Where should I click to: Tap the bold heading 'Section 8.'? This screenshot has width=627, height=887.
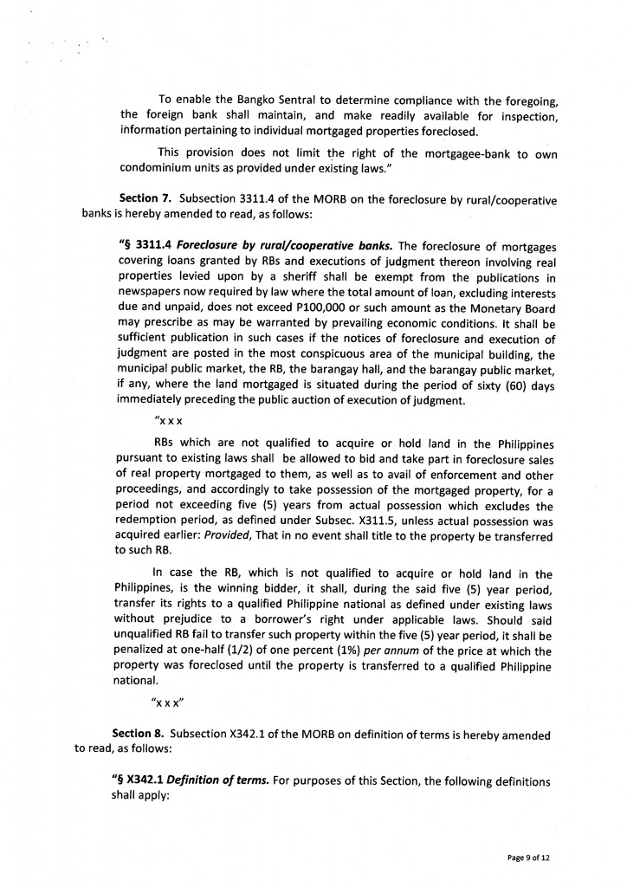pyautogui.click(x=131, y=735)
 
